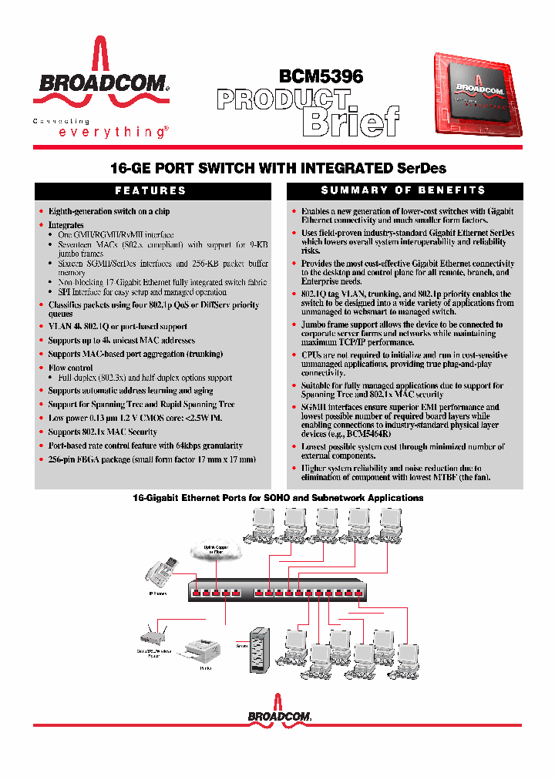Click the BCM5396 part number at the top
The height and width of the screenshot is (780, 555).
321,76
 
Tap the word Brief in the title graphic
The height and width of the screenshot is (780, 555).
350,121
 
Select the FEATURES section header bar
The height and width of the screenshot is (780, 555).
150,190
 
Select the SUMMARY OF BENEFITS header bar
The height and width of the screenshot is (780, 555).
404,190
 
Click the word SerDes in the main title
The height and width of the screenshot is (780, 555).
421,167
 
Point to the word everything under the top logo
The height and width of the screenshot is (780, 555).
112,132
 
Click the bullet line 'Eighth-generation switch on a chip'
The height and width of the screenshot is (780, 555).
109,211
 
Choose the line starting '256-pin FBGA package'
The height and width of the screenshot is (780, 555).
151,459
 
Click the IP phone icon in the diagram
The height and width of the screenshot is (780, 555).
159,574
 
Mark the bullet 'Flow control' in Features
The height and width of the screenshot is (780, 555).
71,368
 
